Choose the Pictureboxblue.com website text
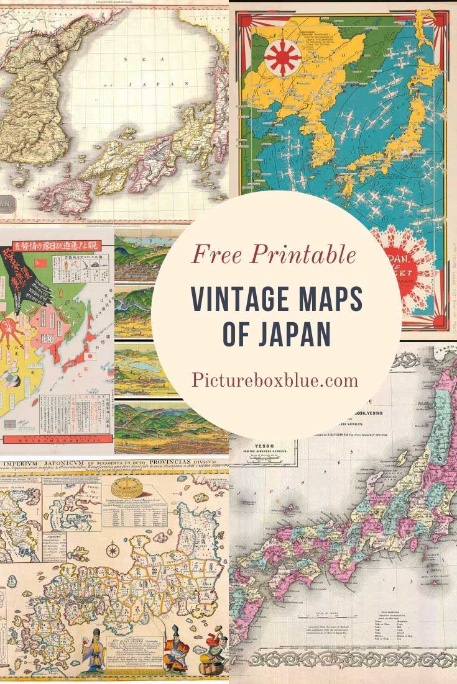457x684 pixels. coord(275,379)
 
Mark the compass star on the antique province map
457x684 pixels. coord(113,549)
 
